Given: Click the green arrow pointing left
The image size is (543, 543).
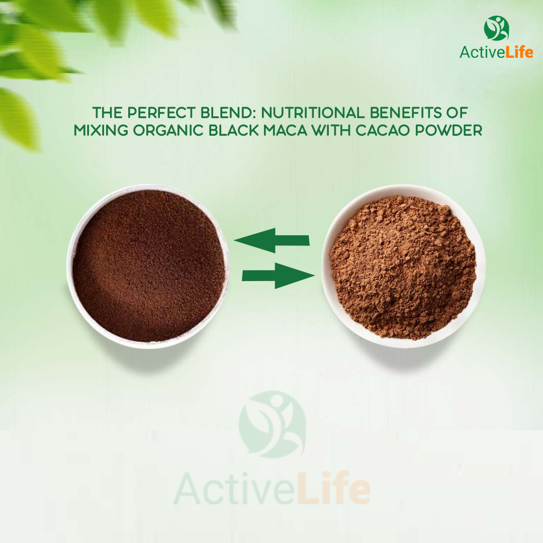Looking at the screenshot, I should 271,240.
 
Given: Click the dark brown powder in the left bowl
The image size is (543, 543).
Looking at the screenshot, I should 148,265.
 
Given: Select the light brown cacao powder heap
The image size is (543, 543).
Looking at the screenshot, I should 403,266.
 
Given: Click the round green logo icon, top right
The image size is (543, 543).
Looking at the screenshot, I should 496,28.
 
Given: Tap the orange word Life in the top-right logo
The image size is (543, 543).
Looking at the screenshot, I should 519,52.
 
